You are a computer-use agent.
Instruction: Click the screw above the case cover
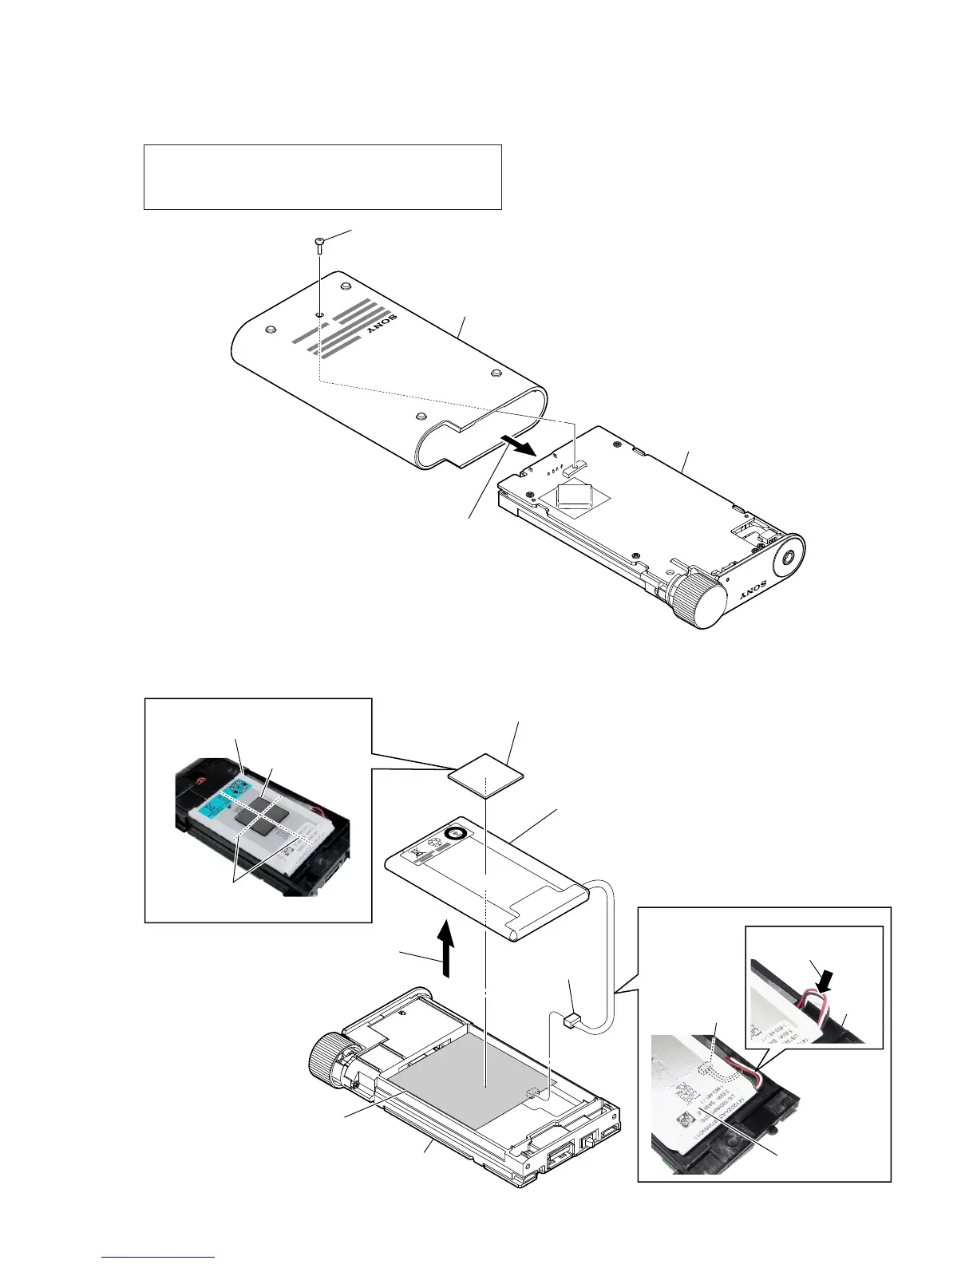tap(319, 243)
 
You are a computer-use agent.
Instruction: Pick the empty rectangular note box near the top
tap(322, 176)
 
